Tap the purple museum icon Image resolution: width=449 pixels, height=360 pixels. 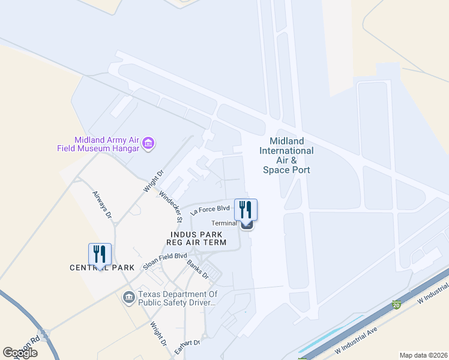(148, 143)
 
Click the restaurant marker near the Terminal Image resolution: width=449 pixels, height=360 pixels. (246, 209)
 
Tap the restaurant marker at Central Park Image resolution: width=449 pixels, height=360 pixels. (100, 254)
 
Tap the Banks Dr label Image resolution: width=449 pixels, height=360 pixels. (197, 268)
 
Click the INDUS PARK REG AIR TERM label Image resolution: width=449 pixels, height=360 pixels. (197, 238)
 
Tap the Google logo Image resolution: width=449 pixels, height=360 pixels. (20, 353)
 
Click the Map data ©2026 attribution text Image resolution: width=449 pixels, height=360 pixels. (424, 355)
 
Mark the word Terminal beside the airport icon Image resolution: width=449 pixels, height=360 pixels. (224, 223)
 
